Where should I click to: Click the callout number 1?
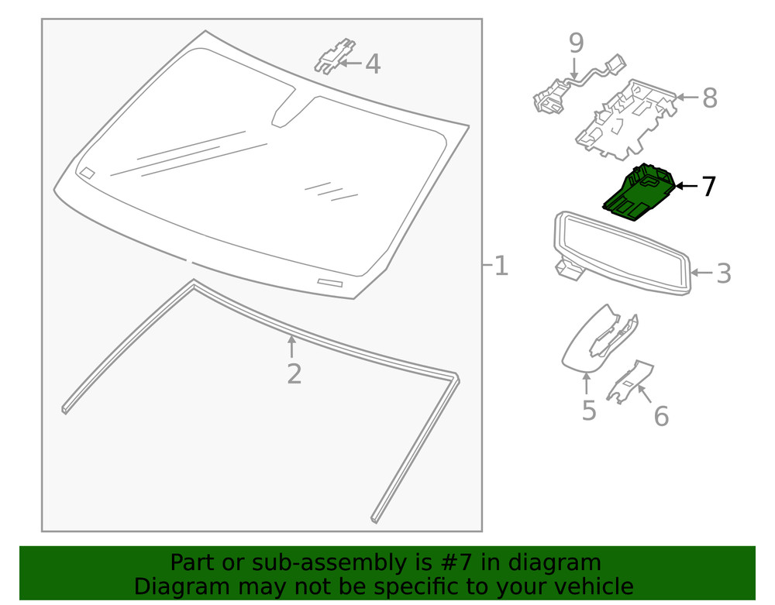[501, 266]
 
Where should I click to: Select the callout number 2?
[294, 373]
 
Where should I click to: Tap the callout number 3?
[723, 273]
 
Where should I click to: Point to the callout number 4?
[373, 64]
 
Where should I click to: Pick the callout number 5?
[589, 410]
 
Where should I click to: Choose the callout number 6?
[660, 416]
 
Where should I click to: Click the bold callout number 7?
[708, 187]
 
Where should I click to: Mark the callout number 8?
[709, 98]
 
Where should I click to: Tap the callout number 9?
[576, 43]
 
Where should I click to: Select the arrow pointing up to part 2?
[291, 345]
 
